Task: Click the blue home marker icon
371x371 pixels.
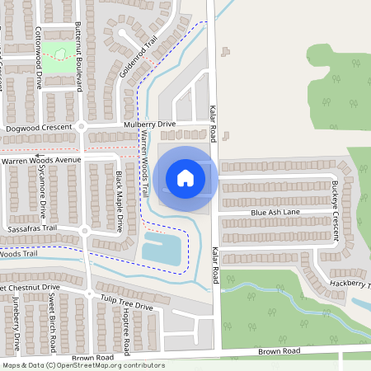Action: pyautogui.click(x=185, y=178)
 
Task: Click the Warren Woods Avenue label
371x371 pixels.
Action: pyautogui.click(x=41, y=159)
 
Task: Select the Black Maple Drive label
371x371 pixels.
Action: pyautogui.click(x=119, y=201)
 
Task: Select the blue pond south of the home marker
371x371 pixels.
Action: pyautogui.click(x=162, y=247)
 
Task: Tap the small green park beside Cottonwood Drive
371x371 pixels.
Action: pyautogui.click(x=59, y=55)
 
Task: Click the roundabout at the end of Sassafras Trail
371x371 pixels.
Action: pyautogui.click(x=85, y=232)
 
